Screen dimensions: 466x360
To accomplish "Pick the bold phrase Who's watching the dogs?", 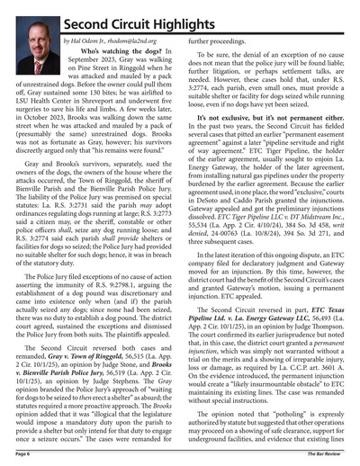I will (x=109, y=54).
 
